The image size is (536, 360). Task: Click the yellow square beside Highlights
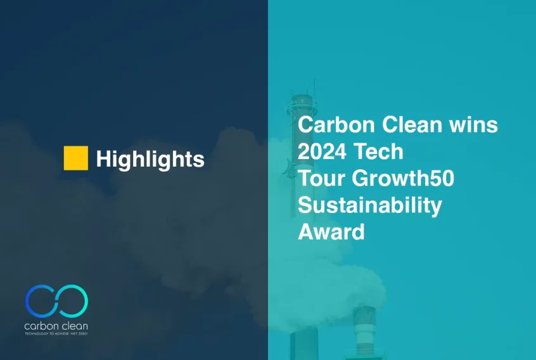click(x=76, y=158)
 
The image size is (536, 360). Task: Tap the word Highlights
click(x=150, y=159)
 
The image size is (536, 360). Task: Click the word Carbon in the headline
click(x=336, y=124)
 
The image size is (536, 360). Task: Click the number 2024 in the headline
click(x=322, y=151)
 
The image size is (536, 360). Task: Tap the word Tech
click(x=378, y=151)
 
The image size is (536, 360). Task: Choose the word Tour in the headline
click(x=322, y=178)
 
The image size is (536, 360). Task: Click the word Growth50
click(x=403, y=178)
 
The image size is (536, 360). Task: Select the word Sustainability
click(x=370, y=206)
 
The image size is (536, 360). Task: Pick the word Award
click(x=331, y=232)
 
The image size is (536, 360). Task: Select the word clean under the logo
click(x=72, y=326)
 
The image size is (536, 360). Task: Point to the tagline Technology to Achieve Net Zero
click(x=56, y=333)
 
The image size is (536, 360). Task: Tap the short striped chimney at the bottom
click(x=364, y=330)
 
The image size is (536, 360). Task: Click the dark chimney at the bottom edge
click(x=304, y=344)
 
